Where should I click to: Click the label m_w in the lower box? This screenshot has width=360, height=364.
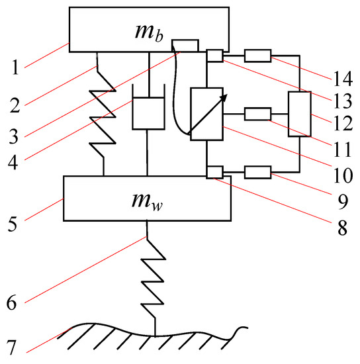tap(148, 199)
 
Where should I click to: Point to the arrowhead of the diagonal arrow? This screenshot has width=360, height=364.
tap(225, 97)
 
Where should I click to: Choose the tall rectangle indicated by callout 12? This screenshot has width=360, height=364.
tap(299, 114)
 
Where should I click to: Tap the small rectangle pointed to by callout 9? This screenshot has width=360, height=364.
tap(257, 173)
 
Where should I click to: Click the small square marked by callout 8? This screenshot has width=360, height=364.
tap(213, 173)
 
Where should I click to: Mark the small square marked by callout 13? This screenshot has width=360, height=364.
tap(213, 56)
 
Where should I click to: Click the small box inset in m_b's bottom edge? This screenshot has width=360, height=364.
tap(185, 45)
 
